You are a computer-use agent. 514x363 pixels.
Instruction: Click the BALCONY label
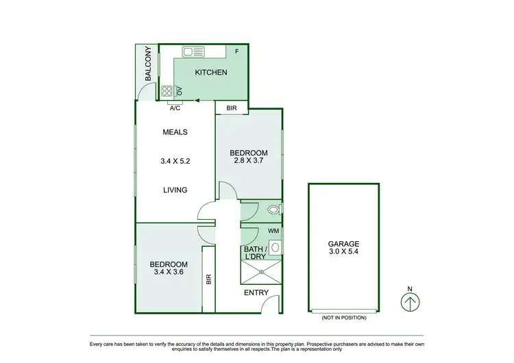tap(147, 64)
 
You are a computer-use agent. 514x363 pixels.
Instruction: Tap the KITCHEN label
tap(211, 73)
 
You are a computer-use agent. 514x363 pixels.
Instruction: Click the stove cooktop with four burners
tap(167, 90)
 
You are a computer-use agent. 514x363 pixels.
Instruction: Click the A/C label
tap(174, 108)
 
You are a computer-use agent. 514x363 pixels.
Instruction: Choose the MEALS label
tap(175, 132)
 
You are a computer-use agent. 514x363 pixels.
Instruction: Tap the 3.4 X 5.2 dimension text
tap(175, 162)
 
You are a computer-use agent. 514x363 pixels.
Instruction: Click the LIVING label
tap(175, 190)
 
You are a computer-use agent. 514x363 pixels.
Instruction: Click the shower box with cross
tap(261, 272)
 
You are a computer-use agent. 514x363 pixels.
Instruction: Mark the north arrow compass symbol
tap(410, 302)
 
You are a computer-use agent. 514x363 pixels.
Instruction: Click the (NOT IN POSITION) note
tap(343, 318)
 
